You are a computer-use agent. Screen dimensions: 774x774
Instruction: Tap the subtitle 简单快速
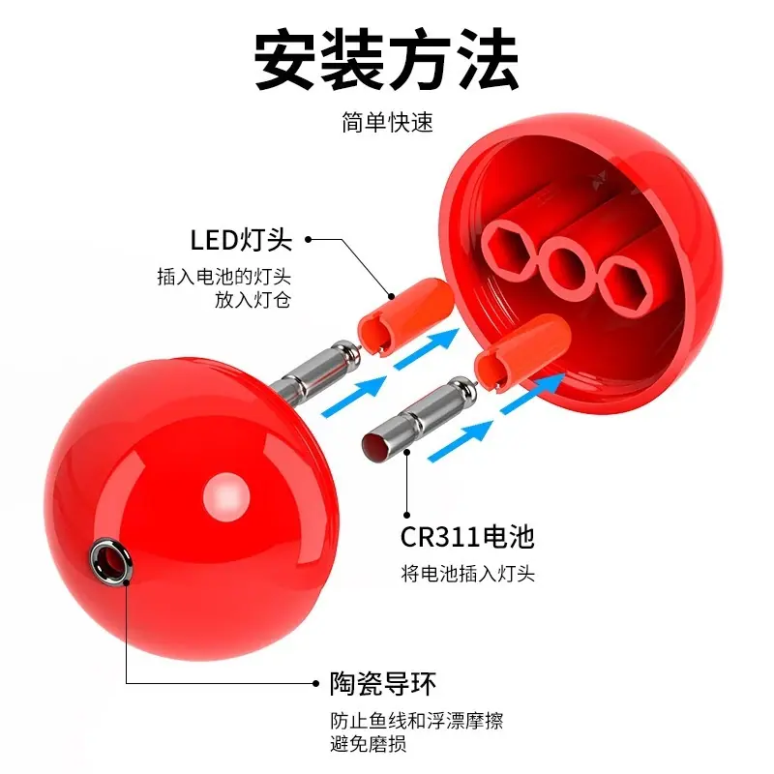[388, 122]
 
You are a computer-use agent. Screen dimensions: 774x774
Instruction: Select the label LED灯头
[241, 240]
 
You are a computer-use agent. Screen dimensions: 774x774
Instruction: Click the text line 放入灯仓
[253, 300]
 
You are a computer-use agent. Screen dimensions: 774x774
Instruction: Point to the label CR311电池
[467, 537]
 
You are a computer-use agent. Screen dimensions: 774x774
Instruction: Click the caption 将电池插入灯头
[468, 574]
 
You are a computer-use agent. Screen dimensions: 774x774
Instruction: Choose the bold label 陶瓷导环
[383, 684]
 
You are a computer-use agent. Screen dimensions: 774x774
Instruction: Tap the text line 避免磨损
[369, 743]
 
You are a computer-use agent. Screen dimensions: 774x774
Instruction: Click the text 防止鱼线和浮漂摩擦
[417, 721]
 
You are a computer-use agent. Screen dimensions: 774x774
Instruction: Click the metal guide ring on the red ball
[110, 560]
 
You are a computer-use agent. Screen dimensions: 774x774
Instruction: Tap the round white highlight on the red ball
[226, 496]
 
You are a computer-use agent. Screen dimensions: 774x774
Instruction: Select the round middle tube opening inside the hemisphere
[567, 269]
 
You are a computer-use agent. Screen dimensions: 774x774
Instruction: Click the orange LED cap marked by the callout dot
[405, 313]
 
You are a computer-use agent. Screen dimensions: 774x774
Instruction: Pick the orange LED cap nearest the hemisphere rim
[522, 351]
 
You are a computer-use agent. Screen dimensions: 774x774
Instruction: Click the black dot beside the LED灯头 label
[308, 239]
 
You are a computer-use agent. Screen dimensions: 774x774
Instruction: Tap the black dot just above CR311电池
[406, 515]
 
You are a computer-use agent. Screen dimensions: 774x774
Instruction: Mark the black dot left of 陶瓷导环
[315, 683]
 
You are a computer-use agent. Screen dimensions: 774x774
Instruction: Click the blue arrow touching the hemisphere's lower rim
[533, 393]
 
